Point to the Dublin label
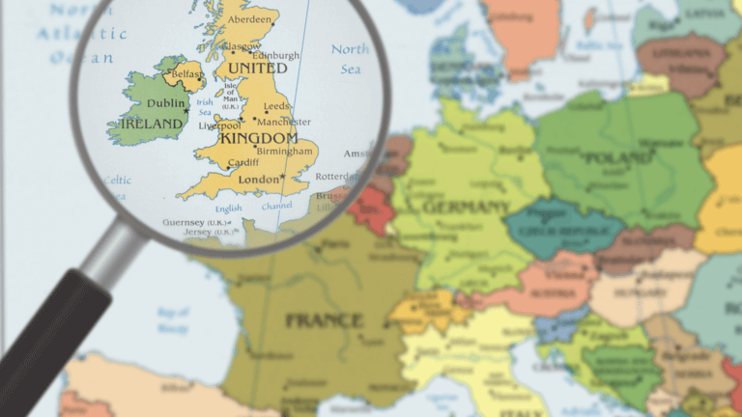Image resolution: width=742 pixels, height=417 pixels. (x=167, y=103)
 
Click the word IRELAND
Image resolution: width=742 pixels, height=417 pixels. (x=152, y=124)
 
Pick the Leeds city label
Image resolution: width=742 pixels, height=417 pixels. (x=276, y=106)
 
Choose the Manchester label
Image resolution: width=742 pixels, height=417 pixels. (x=284, y=122)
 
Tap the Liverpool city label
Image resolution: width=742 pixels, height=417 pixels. (x=219, y=125)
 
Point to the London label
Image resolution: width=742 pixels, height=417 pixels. (x=258, y=180)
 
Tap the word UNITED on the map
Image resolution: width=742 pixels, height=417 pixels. (x=256, y=69)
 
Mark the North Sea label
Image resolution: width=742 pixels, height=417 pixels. (x=350, y=58)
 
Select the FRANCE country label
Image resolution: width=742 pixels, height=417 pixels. (x=323, y=320)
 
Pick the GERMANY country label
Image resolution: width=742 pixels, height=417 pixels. (x=466, y=208)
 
